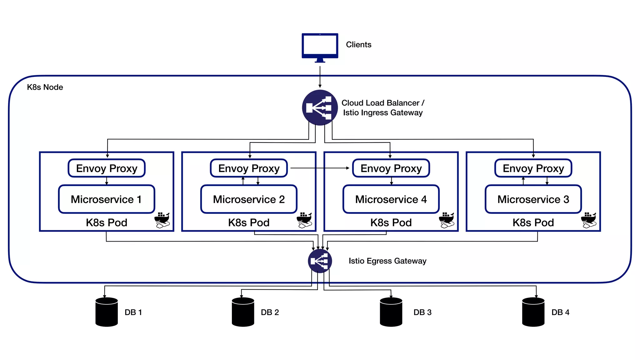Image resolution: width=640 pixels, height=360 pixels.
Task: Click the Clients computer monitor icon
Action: click(x=320, y=46)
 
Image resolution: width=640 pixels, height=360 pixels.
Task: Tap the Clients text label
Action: click(x=358, y=45)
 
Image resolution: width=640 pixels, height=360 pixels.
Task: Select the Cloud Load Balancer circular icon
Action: click(x=320, y=107)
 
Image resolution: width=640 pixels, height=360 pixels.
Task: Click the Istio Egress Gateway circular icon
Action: click(x=320, y=261)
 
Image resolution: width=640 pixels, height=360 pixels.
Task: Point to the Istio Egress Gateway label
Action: click(x=387, y=261)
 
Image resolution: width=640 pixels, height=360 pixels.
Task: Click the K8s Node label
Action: click(x=45, y=87)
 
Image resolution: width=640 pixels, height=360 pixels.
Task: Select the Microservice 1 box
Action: click(x=107, y=199)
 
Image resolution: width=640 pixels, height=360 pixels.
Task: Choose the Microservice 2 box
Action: click(x=249, y=199)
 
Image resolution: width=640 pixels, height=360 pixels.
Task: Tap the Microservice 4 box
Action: click(x=391, y=199)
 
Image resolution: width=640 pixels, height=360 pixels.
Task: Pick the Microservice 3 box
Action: click(x=533, y=199)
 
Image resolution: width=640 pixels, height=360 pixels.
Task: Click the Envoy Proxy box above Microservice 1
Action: click(x=107, y=168)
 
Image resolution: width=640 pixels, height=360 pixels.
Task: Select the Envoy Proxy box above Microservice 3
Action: click(x=533, y=168)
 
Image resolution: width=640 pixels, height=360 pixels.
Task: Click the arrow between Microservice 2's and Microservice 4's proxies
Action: click(x=320, y=168)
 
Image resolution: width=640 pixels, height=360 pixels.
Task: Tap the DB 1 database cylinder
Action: click(x=107, y=312)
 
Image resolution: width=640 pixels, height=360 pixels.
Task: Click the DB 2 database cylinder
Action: click(x=243, y=312)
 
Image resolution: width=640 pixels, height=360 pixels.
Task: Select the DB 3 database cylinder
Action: click(x=391, y=312)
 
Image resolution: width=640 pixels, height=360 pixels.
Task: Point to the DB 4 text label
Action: click(x=560, y=312)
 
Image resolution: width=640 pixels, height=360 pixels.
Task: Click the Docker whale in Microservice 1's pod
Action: click(x=162, y=220)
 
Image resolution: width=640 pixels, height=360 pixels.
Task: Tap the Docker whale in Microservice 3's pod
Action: click(x=589, y=220)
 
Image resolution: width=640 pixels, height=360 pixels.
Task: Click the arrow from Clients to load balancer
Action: click(x=320, y=77)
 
